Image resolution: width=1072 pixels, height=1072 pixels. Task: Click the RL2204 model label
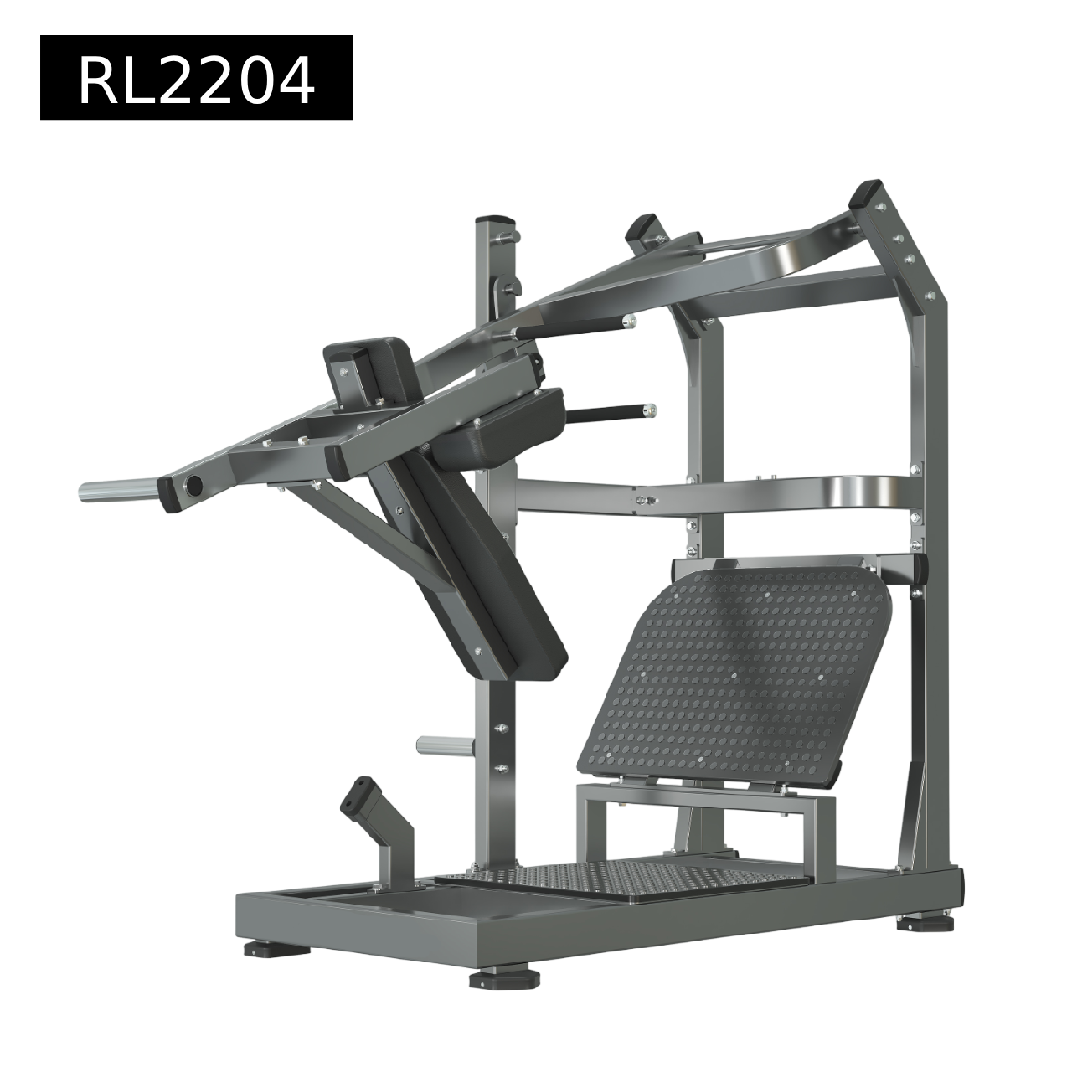196,77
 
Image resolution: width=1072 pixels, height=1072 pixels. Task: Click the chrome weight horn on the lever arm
120,491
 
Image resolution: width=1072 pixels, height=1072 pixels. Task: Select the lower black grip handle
609,413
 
